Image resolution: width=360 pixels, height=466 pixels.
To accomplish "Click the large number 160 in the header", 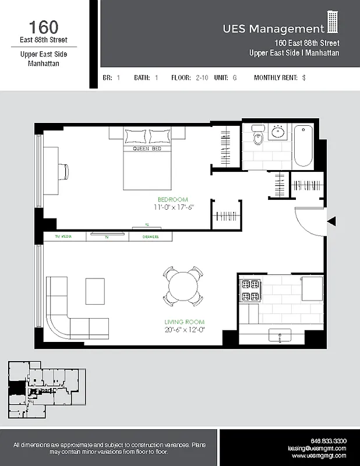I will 44,27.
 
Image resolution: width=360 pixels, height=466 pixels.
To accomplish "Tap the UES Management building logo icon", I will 333,23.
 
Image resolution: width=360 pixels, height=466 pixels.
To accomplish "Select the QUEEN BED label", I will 147,149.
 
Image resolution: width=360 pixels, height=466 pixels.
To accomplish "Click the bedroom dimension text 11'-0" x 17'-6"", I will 173,207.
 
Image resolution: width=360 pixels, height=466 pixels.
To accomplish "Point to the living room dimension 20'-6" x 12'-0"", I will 184,330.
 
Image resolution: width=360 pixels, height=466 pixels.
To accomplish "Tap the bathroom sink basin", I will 278,132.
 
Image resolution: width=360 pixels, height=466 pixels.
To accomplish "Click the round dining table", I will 183,286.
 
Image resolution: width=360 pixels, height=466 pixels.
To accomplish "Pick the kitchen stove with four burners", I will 251,290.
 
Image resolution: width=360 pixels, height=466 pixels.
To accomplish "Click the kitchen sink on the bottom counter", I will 280,334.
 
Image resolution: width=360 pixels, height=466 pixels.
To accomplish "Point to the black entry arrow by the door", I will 331,221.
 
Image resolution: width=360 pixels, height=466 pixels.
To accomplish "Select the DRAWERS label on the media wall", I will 151,237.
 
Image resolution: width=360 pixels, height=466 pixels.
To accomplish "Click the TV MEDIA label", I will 63,237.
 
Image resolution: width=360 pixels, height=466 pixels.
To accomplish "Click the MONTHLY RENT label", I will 276,77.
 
